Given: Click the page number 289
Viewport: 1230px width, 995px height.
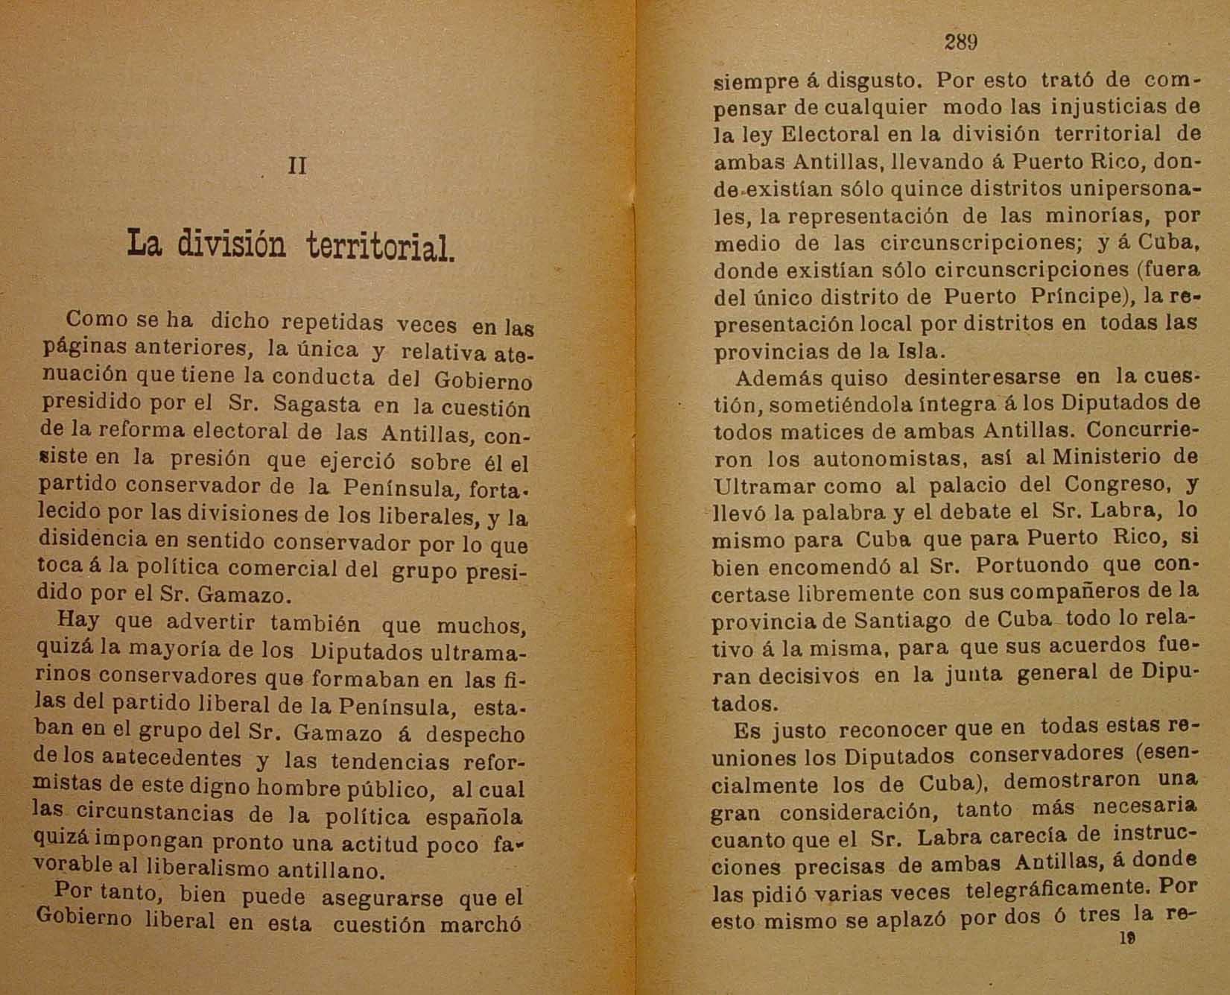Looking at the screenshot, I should pyautogui.click(x=960, y=42).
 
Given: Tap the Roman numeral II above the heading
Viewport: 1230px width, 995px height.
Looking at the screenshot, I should pyautogui.click(x=297, y=165).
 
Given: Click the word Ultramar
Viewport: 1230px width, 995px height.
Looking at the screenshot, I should pyautogui.click(x=754, y=486).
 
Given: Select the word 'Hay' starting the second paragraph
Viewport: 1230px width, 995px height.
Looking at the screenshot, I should pyautogui.click(x=77, y=620).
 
